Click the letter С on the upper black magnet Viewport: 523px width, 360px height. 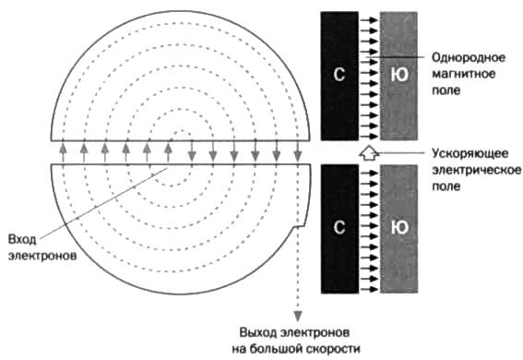pos(339,73)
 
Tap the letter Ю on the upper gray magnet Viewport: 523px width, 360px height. pos(398,73)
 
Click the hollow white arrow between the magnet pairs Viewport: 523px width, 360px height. pos(368,152)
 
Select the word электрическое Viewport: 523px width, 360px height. pos(470,169)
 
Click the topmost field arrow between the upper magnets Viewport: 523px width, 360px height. pos(367,16)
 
